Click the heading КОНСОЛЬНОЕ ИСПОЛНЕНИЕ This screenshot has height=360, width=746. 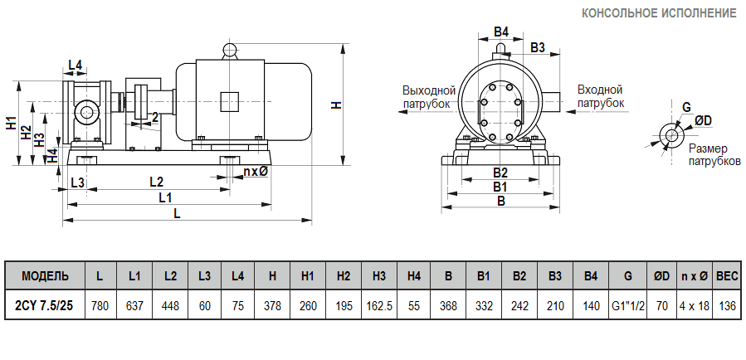tap(659, 13)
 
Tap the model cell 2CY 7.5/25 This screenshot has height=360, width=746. tap(44, 305)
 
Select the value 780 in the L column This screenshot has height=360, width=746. tap(100, 305)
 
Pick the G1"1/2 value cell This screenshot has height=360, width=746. tap(627, 305)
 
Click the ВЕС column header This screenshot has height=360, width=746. tap(727, 275)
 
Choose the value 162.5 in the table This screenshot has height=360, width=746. tap(378, 305)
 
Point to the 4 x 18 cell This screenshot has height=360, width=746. tap(694, 305)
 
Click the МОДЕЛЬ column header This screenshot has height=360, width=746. tap(44, 275)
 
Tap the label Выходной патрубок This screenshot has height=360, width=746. tap(429, 96)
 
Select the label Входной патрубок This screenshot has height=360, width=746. tap(600, 96)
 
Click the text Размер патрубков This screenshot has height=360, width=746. tap(714, 154)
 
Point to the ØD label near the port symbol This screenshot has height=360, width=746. tap(702, 121)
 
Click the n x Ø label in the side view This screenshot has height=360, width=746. tap(255, 172)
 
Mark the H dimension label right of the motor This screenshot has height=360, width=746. tap(335, 105)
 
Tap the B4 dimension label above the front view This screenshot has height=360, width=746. tap(500, 32)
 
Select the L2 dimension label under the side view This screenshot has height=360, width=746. tap(155, 181)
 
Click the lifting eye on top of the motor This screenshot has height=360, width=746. tap(230, 51)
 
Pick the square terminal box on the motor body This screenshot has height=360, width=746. tap(230, 101)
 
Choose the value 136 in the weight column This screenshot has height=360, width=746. tap(727, 305)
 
